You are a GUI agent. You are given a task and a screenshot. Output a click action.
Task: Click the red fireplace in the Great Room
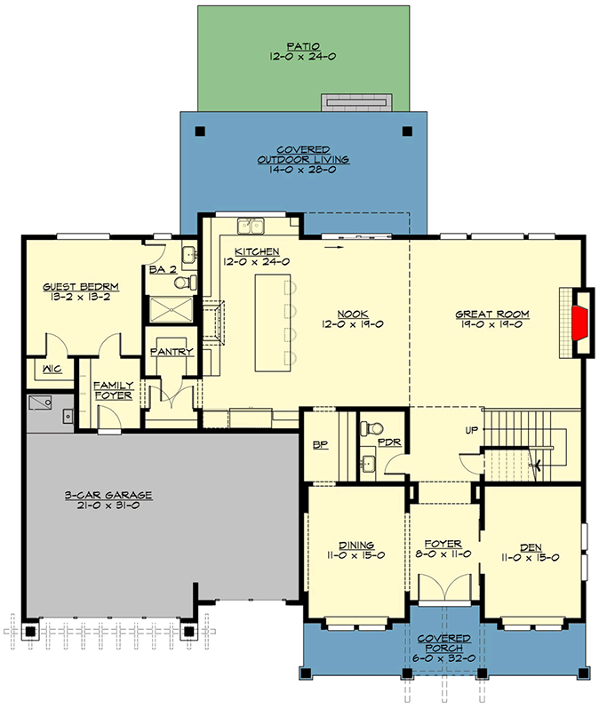tap(579, 322)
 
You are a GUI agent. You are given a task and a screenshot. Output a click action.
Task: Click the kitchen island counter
tap(272, 323)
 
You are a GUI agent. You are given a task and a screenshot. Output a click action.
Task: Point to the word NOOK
tap(351, 314)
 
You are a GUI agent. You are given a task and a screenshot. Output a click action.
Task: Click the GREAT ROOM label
tap(492, 314)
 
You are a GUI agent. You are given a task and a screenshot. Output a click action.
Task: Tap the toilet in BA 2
tap(184, 283)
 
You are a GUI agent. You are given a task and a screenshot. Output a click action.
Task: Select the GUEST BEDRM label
tap(81, 287)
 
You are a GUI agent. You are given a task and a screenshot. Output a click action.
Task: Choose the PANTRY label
tap(172, 352)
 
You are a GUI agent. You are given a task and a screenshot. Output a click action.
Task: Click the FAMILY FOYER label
tap(113, 389)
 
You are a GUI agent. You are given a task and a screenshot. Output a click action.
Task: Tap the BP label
tap(321, 446)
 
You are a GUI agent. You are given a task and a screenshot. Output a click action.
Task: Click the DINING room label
tap(355, 545)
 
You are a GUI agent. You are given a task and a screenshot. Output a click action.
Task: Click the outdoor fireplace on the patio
tap(355, 103)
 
